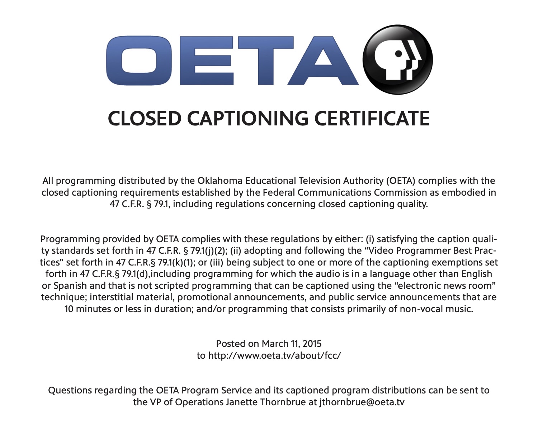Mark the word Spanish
[x=70, y=286]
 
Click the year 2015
[x=312, y=344]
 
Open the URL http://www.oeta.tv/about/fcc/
[x=274, y=355]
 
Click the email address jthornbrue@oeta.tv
[x=362, y=402]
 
